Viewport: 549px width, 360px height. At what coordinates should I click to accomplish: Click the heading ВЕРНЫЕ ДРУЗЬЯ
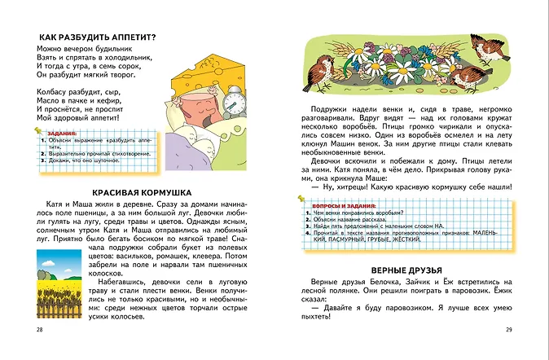pos(406,270)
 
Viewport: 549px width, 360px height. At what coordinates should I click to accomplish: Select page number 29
pos(508,329)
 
